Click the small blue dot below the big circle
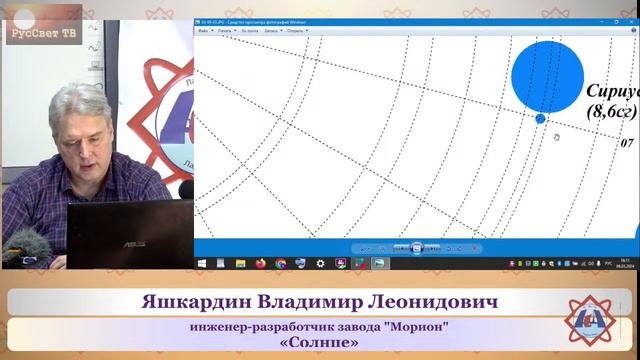tap(541, 119)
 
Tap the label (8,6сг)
tap(613, 111)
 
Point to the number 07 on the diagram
tap(627, 144)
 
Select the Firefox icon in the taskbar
tap(261, 263)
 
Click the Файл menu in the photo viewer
tap(203, 31)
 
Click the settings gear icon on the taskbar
tap(320, 263)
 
